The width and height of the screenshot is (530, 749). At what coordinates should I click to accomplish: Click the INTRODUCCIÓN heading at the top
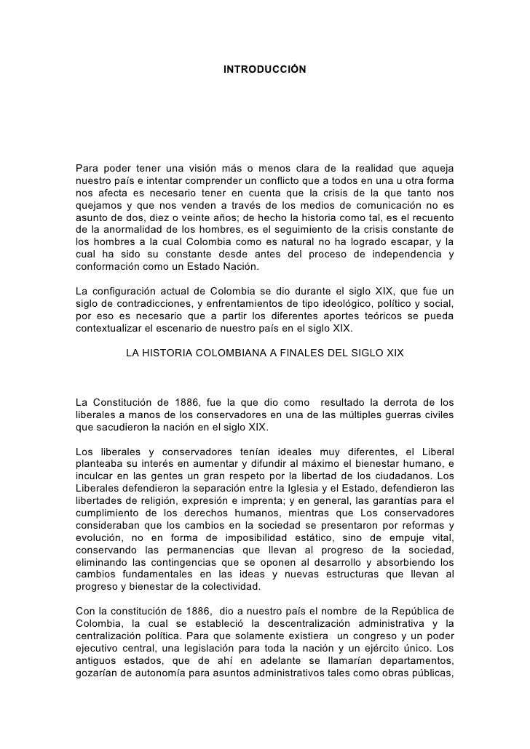[264, 68]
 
